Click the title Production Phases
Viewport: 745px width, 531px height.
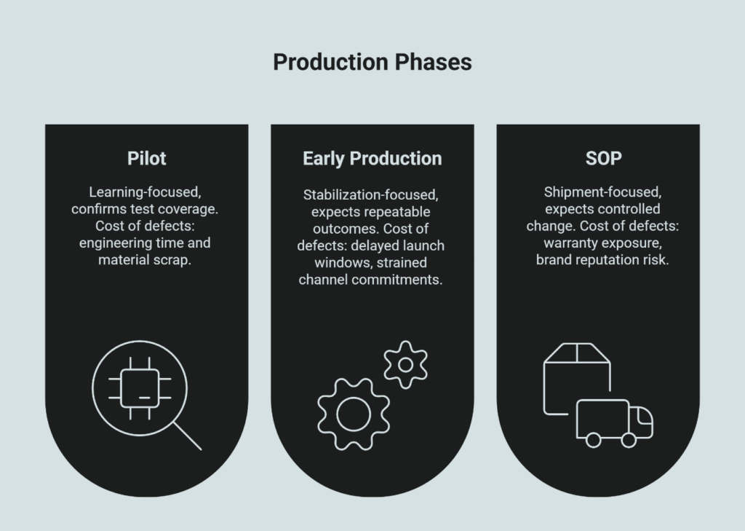[x=372, y=63]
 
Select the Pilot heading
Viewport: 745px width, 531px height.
[x=146, y=158]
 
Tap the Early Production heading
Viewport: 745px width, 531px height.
[x=372, y=158]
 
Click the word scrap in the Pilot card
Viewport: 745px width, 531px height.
[x=173, y=259]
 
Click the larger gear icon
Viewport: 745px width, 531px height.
[x=354, y=413]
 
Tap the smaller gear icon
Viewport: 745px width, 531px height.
[x=405, y=365]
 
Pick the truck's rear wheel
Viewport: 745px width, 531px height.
[x=594, y=439]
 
